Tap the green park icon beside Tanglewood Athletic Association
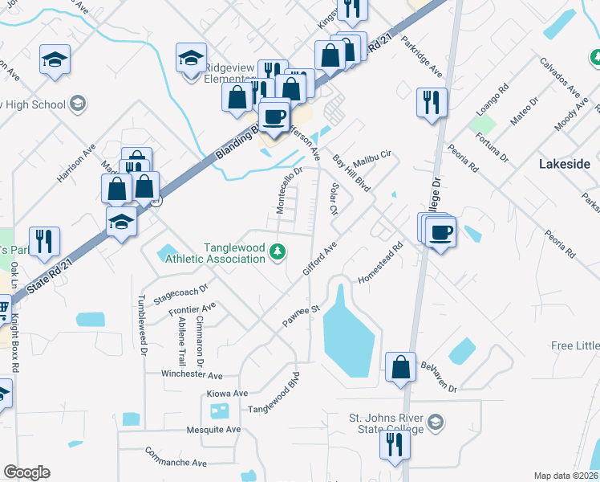[x=278, y=253]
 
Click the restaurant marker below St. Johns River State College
[x=393, y=444]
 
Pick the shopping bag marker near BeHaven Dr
[x=400, y=368]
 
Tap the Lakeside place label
[x=564, y=164]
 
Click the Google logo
[x=26, y=472]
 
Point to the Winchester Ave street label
[x=192, y=375]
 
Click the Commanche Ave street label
[x=176, y=463]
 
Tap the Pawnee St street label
[x=301, y=317]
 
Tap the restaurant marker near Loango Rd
[x=432, y=103]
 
